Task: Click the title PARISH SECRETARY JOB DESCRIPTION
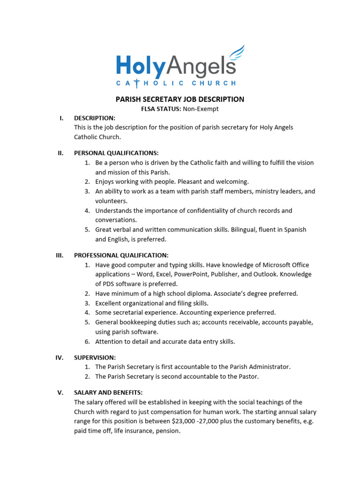[x=180, y=99]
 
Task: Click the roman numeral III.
[x=60, y=255]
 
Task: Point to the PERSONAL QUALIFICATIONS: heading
[x=116, y=153]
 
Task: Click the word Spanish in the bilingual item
[x=294, y=230]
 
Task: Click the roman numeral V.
[x=60, y=393]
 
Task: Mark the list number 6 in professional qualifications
[x=87, y=342]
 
